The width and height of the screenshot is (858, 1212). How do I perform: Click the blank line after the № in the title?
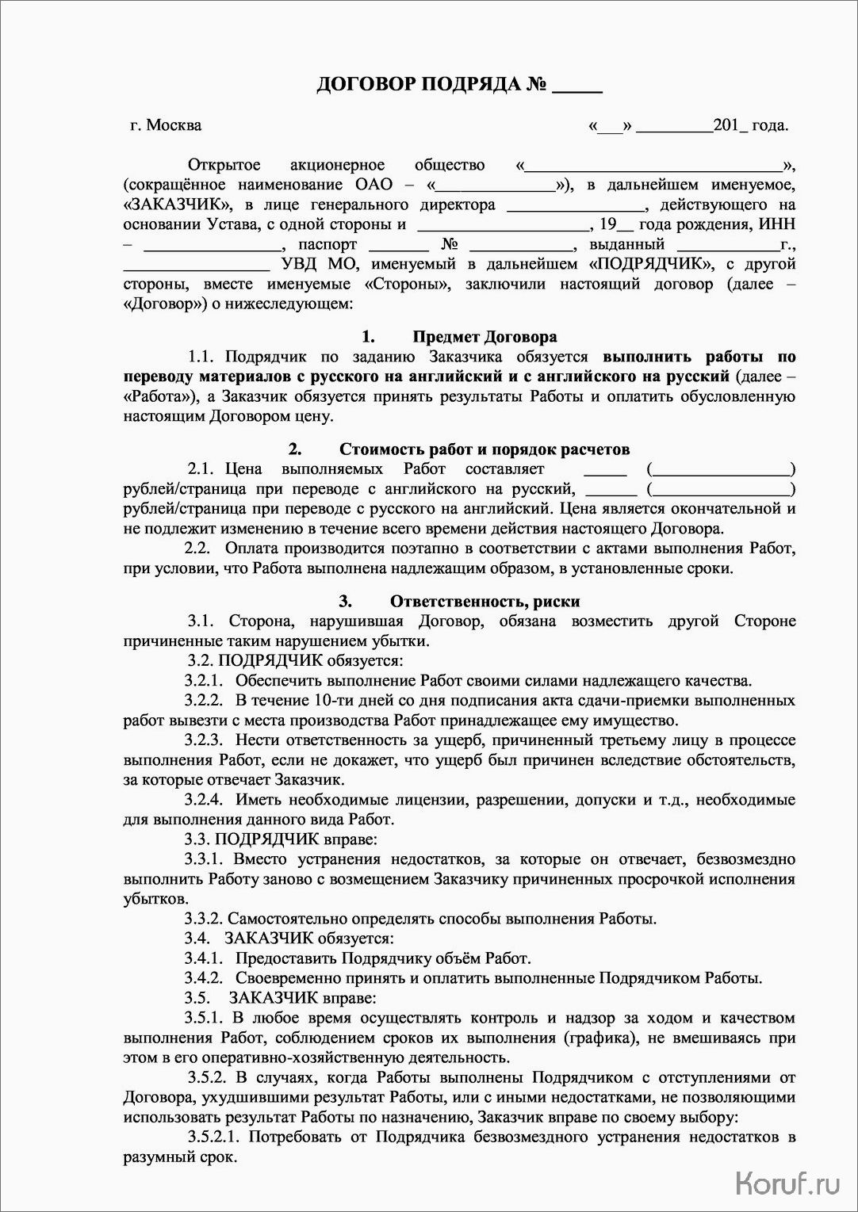tap(576, 85)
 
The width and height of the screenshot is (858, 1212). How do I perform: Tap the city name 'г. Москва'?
tap(166, 125)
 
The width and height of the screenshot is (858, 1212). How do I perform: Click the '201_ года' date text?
tap(750, 125)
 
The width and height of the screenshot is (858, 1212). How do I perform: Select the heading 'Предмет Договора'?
tap(484, 337)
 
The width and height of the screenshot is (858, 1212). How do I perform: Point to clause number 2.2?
tap(197, 549)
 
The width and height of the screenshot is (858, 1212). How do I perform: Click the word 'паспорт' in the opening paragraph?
tap(327, 244)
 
